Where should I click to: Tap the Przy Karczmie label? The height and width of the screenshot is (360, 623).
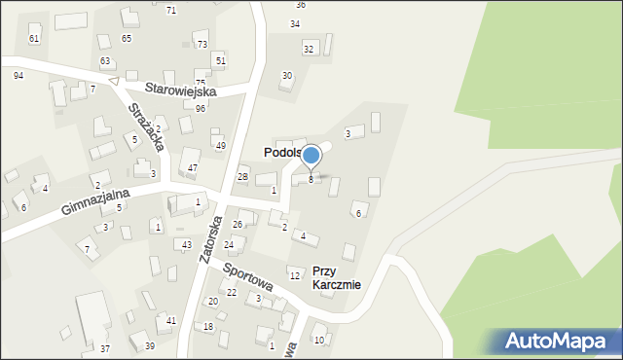[x=337, y=278]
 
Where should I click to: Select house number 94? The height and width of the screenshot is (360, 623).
[x=18, y=75]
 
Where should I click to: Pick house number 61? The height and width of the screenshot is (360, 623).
[x=34, y=38]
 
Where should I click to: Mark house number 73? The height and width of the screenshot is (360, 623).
[x=202, y=45]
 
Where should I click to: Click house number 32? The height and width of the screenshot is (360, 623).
[x=309, y=49]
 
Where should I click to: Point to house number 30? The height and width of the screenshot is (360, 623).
[x=286, y=75]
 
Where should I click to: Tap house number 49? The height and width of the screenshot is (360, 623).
[x=221, y=146]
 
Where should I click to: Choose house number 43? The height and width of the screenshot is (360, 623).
[x=185, y=244]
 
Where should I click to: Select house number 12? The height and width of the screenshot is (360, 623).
[x=294, y=276]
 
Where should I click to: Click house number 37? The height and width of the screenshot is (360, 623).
[x=105, y=348]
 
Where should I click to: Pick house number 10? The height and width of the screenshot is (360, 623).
[x=318, y=340]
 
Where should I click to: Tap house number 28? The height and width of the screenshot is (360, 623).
[x=242, y=176]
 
